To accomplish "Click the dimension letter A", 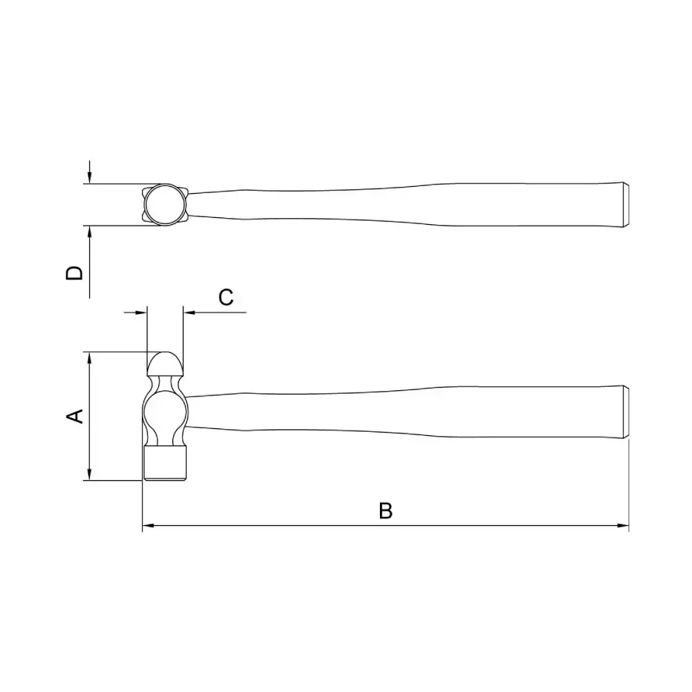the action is pyautogui.click(x=75, y=416).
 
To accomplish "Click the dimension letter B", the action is pyautogui.click(x=385, y=511).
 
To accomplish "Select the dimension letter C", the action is pyautogui.click(x=226, y=298).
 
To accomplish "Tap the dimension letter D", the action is pyautogui.click(x=74, y=273).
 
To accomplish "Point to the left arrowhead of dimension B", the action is pyautogui.click(x=148, y=526).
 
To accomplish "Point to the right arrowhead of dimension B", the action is pyautogui.click(x=623, y=526).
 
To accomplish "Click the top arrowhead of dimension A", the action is pyautogui.click(x=89, y=358).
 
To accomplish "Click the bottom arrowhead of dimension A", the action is pyautogui.click(x=89, y=475).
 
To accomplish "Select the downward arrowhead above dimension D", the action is pyautogui.click(x=89, y=178).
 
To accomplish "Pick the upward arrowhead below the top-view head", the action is pyautogui.click(x=89, y=232).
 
